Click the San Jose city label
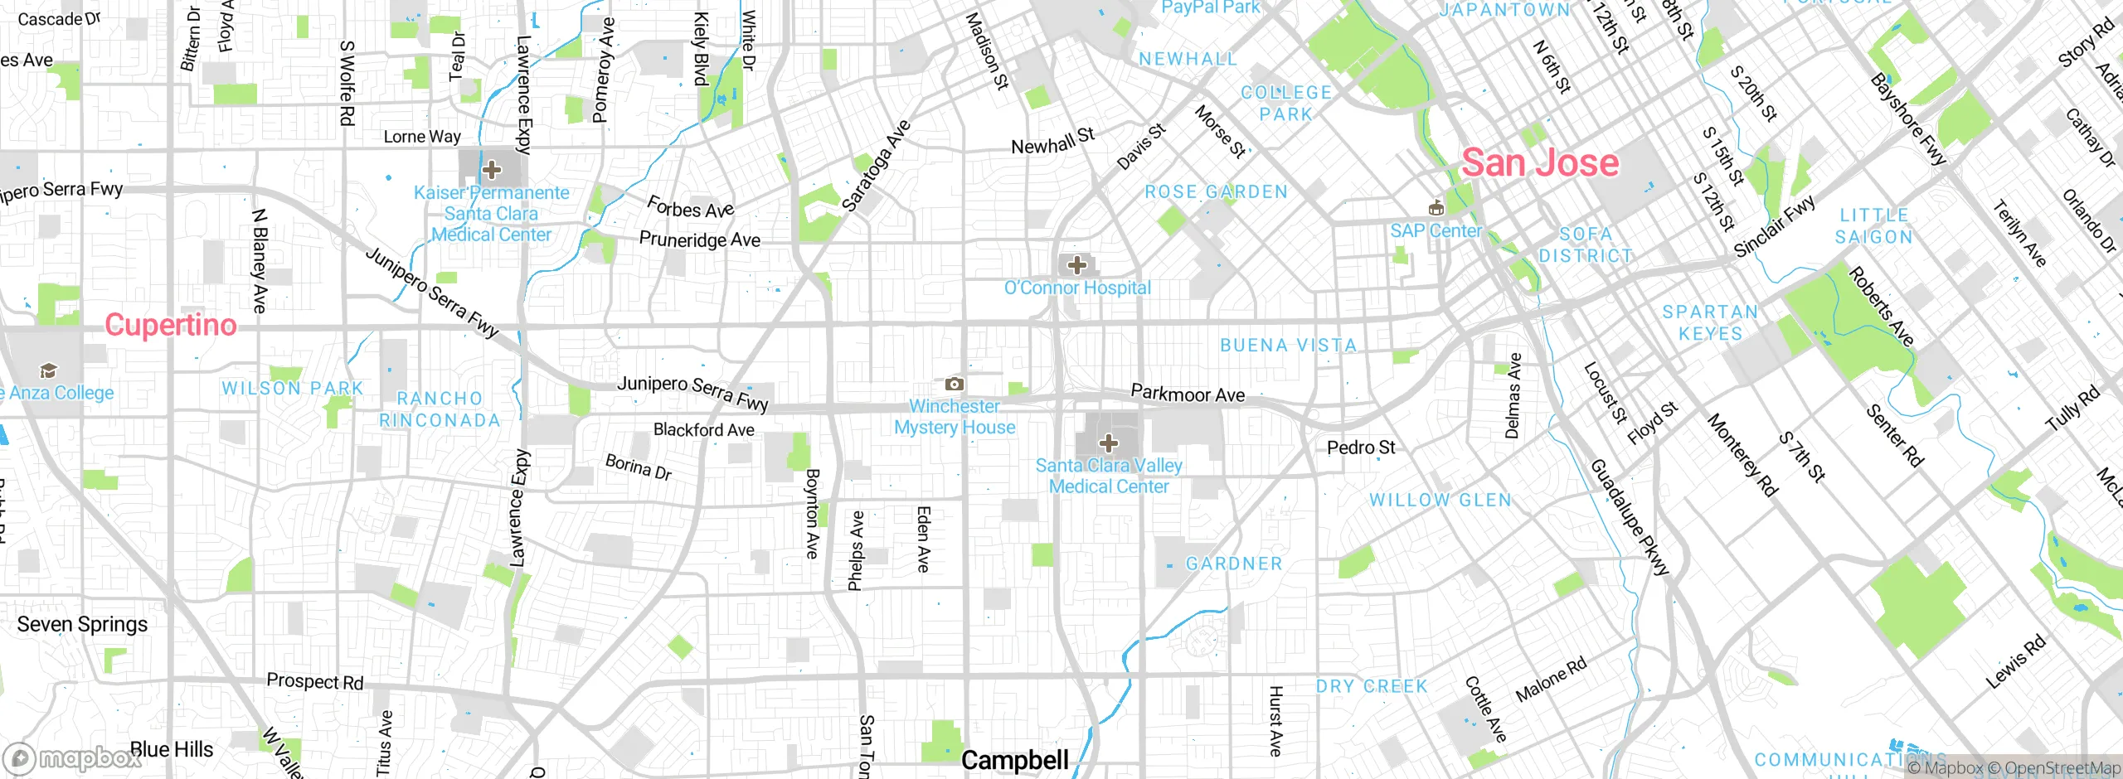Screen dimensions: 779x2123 click(x=1539, y=162)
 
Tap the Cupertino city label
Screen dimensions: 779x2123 click(x=171, y=325)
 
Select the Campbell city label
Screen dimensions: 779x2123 click(x=1014, y=760)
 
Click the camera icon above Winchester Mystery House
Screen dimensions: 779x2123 click(x=955, y=384)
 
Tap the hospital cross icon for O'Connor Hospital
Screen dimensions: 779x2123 click(x=1076, y=265)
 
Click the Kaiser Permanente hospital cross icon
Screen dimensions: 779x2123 click(x=492, y=170)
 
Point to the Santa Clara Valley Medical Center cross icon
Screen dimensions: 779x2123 click(x=1109, y=443)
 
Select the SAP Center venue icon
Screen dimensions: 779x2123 click(x=1436, y=207)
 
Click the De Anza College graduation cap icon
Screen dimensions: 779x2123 click(x=48, y=370)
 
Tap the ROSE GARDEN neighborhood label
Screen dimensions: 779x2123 click(x=1216, y=192)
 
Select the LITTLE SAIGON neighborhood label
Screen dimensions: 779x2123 click(x=1874, y=226)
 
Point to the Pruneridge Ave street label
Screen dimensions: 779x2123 click(x=699, y=240)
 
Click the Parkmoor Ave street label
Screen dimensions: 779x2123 click(x=1188, y=394)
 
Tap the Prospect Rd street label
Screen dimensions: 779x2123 click(x=314, y=681)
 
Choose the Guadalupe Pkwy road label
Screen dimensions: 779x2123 click(x=1628, y=518)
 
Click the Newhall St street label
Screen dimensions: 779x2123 click(x=1052, y=142)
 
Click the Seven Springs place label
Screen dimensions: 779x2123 click(x=82, y=624)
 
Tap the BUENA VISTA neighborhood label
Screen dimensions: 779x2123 click(x=1288, y=346)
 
